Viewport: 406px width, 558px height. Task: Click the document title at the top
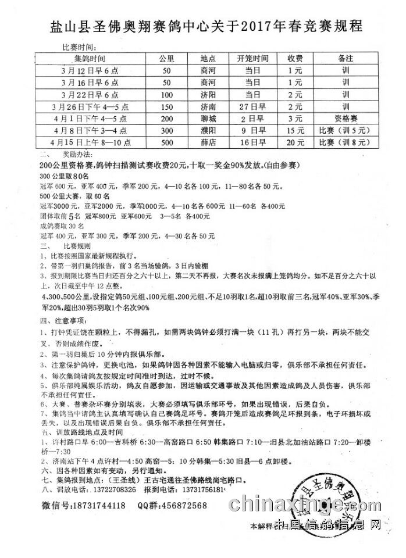[x=202, y=27]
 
